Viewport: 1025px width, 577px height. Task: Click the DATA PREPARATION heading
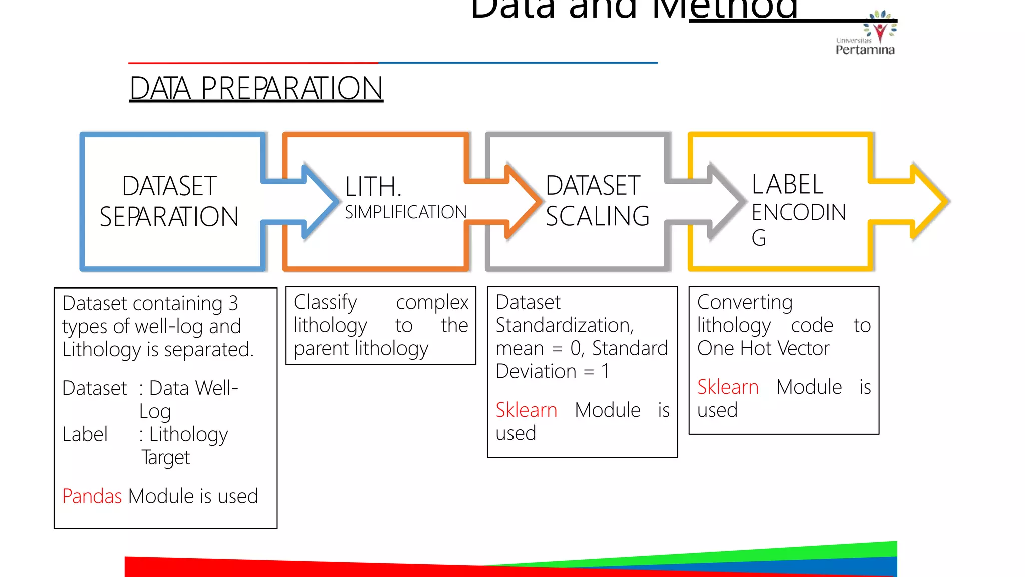tap(256, 88)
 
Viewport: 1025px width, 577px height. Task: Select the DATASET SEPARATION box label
tap(169, 201)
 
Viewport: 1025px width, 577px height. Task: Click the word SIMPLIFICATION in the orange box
tap(405, 212)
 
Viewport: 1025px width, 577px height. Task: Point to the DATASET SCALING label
tap(597, 201)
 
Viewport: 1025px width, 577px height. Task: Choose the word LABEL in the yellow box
tap(787, 184)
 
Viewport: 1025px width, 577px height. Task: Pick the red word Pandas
tap(92, 496)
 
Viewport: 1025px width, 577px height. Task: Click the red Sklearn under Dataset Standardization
tap(526, 410)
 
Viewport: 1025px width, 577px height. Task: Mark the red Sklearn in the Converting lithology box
tap(728, 387)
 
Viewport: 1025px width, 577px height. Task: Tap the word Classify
tap(325, 302)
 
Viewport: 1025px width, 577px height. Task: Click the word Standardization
tap(565, 325)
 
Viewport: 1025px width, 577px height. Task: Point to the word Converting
tap(745, 302)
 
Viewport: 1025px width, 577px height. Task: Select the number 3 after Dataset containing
tap(233, 303)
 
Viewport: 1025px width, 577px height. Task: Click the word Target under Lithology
tap(166, 457)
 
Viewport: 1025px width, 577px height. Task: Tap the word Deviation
tap(536, 371)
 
